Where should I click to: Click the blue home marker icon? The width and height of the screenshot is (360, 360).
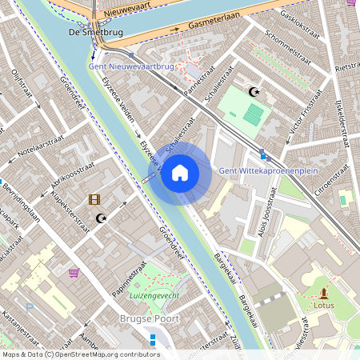180,173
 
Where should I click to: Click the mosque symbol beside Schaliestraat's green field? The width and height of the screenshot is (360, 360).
254,93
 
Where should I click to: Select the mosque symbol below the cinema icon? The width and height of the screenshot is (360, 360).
101,218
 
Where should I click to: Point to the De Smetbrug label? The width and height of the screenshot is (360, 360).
96,33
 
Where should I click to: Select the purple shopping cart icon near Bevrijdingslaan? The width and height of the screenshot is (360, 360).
74,272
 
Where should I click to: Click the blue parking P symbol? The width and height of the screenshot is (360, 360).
30,306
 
